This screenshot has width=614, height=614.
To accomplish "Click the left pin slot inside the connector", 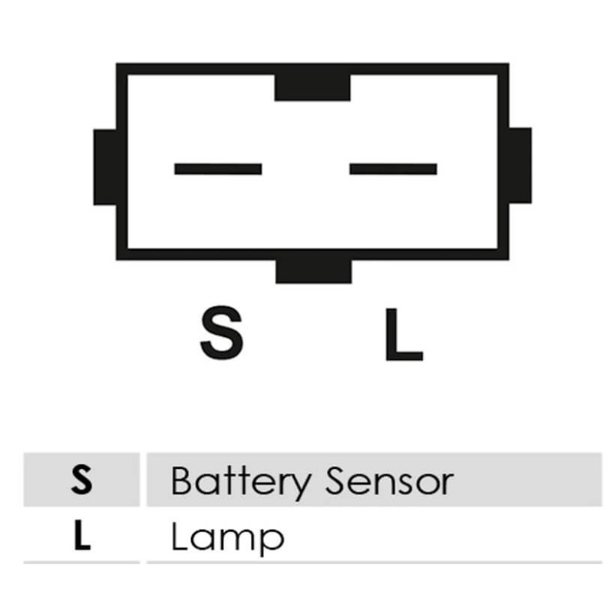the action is [218, 169].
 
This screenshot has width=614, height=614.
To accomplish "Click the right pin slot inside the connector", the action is [393, 169].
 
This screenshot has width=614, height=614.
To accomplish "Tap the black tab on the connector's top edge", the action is [312, 87].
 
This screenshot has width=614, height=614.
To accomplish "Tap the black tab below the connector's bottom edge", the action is [314, 272].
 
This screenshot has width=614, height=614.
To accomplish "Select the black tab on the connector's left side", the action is [105, 167].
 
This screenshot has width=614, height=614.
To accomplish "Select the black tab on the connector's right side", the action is [520, 166].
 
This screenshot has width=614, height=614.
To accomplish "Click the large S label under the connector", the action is [222, 332].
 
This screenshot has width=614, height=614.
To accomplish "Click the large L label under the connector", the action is [404, 334].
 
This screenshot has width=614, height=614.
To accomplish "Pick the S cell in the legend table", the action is [82, 480].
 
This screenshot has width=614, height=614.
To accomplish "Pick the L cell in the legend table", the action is [82, 535].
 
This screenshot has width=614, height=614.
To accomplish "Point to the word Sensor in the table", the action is [390, 481].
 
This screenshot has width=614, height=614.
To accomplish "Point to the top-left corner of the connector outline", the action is [117, 64].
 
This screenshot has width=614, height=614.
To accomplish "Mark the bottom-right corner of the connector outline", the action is [509, 259].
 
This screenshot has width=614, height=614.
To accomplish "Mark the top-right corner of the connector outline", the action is [509, 64].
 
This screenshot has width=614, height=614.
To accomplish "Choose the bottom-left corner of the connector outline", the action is [117, 259].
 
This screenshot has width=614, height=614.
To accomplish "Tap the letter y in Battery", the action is [299, 487].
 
